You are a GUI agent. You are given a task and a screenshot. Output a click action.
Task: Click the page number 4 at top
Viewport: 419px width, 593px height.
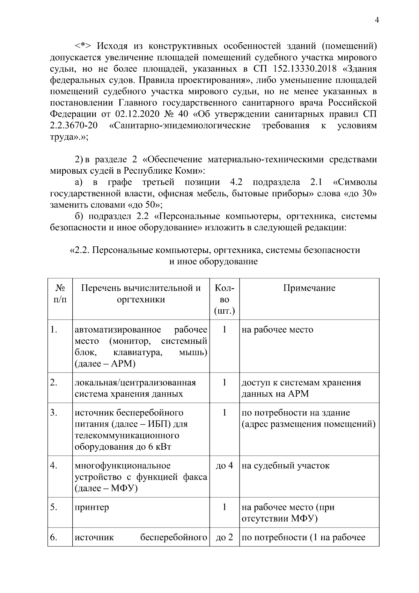pos(377,20)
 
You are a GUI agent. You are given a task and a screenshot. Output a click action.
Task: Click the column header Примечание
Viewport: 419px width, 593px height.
pos(309,288)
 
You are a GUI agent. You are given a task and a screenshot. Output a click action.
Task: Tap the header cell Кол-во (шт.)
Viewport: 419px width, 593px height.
pos(224,299)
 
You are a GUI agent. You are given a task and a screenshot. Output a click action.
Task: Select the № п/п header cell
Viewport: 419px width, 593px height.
pos(60,294)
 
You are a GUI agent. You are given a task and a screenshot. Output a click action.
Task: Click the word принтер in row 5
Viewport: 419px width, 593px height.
pos(92,507)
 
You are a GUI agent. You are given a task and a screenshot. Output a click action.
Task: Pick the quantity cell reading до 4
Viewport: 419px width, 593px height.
pos(224,466)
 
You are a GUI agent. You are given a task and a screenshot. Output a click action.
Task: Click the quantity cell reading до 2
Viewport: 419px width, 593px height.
pos(224,537)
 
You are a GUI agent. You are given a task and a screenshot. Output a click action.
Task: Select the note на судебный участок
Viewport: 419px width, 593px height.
pos(285,466)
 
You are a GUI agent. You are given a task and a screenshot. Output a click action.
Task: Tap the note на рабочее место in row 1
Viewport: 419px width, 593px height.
pos(277,330)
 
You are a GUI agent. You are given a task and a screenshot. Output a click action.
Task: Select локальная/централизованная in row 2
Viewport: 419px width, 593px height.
pos(135,383)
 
